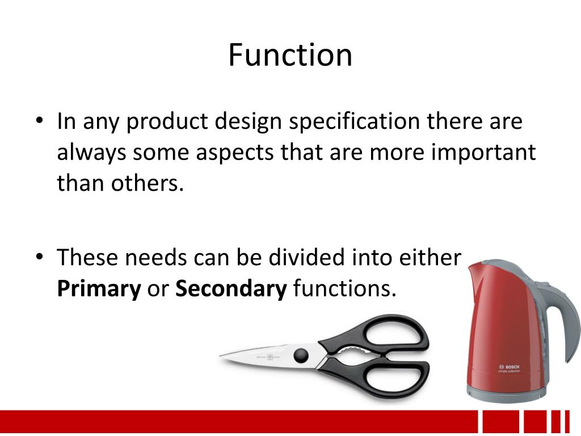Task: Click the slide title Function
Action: pyautogui.click(x=290, y=55)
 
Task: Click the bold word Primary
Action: pyautogui.click(x=99, y=289)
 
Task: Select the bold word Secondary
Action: pyautogui.click(x=231, y=289)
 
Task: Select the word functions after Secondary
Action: pyautogui.click(x=344, y=289)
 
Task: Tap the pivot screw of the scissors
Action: pyautogui.click(x=301, y=355)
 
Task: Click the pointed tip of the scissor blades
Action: pyautogui.click(x=222, y=356)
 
